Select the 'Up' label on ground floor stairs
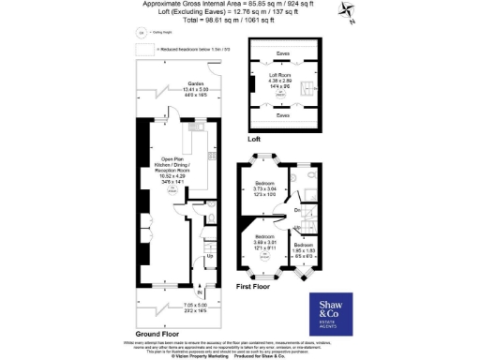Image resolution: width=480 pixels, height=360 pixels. pos(209,256)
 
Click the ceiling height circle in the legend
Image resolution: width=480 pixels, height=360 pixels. pos(142,32)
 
